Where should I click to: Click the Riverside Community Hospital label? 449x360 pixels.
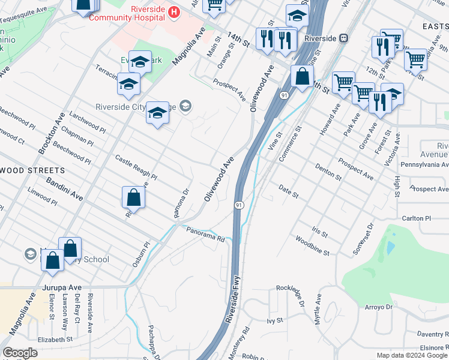click(127, 14)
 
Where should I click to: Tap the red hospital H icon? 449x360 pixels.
click(173, 11)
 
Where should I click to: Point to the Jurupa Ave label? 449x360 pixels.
click(61, 288)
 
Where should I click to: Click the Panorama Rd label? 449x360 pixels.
click(205, 234)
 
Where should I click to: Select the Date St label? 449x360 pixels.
click(288, 191)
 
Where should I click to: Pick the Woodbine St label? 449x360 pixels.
click(312, 245)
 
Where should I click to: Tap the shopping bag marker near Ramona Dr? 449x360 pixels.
click(133, 197)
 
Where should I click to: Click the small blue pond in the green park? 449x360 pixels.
click(391, 247)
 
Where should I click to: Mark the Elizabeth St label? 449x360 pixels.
click(55, 338)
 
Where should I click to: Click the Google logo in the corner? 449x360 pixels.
click(20, 352)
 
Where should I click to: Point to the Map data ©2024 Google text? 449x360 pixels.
click(412, 355)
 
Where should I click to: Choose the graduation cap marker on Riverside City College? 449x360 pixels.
click(157, 112)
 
